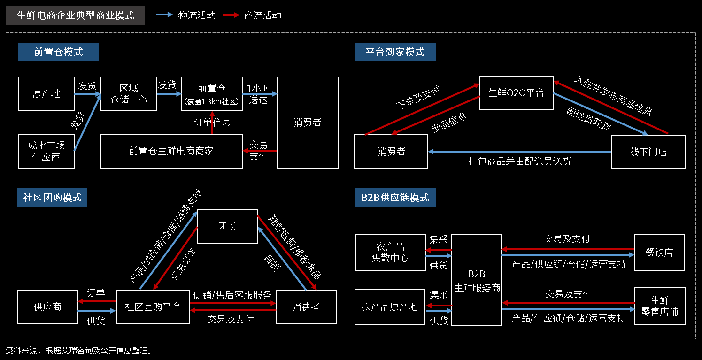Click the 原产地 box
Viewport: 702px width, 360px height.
point(46,94)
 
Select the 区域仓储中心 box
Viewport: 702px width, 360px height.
point(129,94)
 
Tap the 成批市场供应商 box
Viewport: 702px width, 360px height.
point(46,151)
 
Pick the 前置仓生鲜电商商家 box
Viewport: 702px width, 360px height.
point(171,151)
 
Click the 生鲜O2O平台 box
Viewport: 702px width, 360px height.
point(516,92)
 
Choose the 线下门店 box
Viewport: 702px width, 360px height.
point(648,152)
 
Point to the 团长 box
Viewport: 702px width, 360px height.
point(227,226)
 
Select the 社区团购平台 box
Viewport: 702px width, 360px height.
point(153,307)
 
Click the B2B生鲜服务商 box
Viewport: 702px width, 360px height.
point(477,280)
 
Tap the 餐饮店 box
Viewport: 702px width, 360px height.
point(659,252)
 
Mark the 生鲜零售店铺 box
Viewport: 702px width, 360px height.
point(659,306)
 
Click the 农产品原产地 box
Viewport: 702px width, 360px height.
point(390,307)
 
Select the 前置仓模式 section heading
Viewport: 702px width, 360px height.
point(58,52)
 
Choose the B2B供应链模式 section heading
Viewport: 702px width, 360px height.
point(395,197)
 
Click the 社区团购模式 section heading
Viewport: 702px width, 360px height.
point(52,197)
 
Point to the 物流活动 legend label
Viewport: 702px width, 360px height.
point(197,15)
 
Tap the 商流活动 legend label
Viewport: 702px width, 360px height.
point(263,15)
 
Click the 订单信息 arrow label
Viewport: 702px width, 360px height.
point(212,123)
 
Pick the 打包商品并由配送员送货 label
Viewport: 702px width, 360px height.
point(520,161)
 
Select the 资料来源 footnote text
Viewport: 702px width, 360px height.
point(78,351)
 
